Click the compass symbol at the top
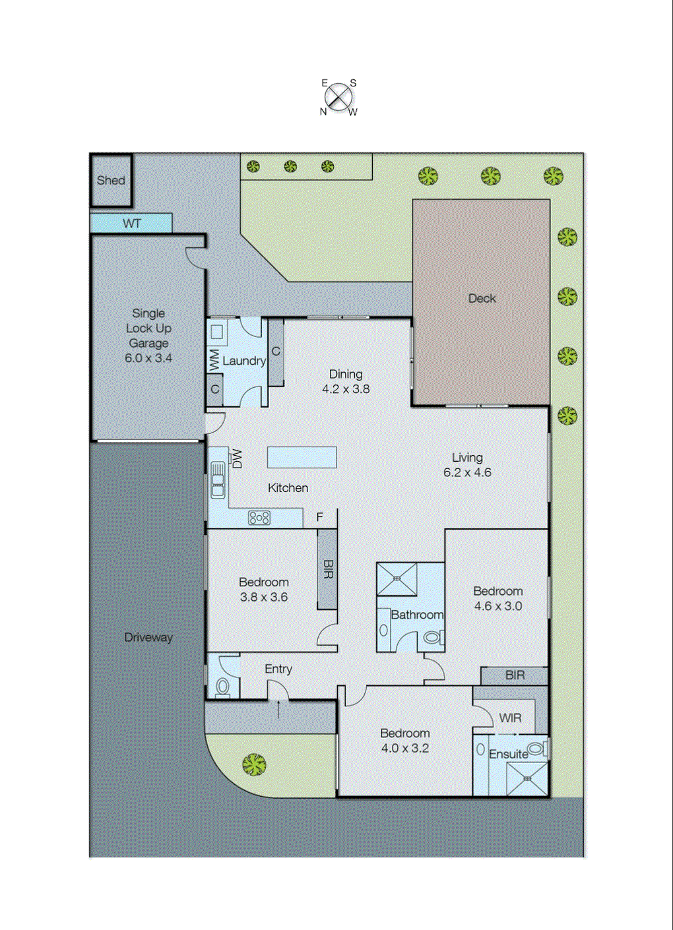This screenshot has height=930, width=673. [339, 98]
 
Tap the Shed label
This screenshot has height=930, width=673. [111, 180]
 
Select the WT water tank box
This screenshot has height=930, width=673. [131, 223]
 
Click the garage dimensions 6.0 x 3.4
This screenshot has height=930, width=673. [148, 358]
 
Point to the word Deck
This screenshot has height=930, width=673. [482, 298]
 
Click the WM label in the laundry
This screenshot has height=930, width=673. [214, 359]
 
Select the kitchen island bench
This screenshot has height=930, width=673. [302, 457]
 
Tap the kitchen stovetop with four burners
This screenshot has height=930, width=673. [259, 518]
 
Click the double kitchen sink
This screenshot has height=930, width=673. [218, 480]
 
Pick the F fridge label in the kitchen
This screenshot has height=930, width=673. [320, 517]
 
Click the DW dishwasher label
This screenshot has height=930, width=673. [237, 458]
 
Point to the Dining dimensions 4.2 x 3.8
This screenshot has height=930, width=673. [346, 389]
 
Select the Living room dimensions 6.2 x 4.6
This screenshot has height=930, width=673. [467, 472]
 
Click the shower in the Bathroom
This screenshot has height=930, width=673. [397, 579]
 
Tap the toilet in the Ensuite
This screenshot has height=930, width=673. [536, 749]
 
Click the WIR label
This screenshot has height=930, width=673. [510, 718]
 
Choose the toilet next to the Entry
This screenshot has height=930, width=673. [223, 687]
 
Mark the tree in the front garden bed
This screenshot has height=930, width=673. [253, 765]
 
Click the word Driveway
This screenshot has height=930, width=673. [148, 637]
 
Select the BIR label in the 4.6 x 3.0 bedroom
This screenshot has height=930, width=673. [515, 675]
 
